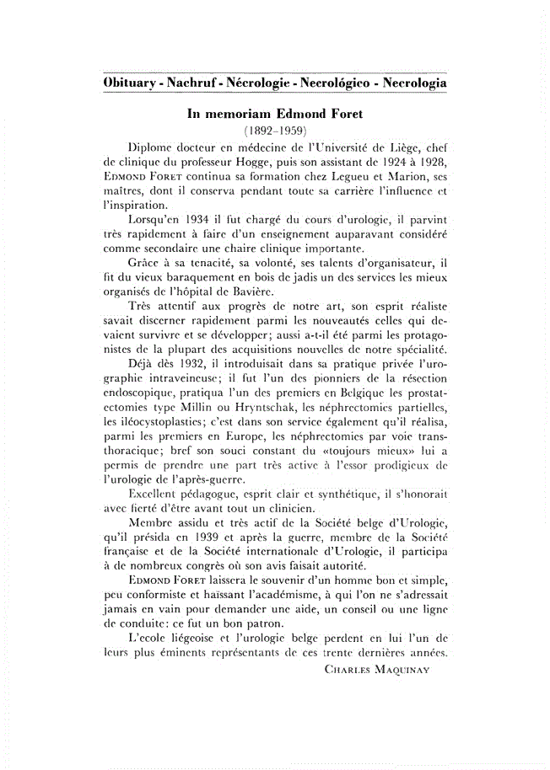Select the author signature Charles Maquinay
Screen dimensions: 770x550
(378, 669)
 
